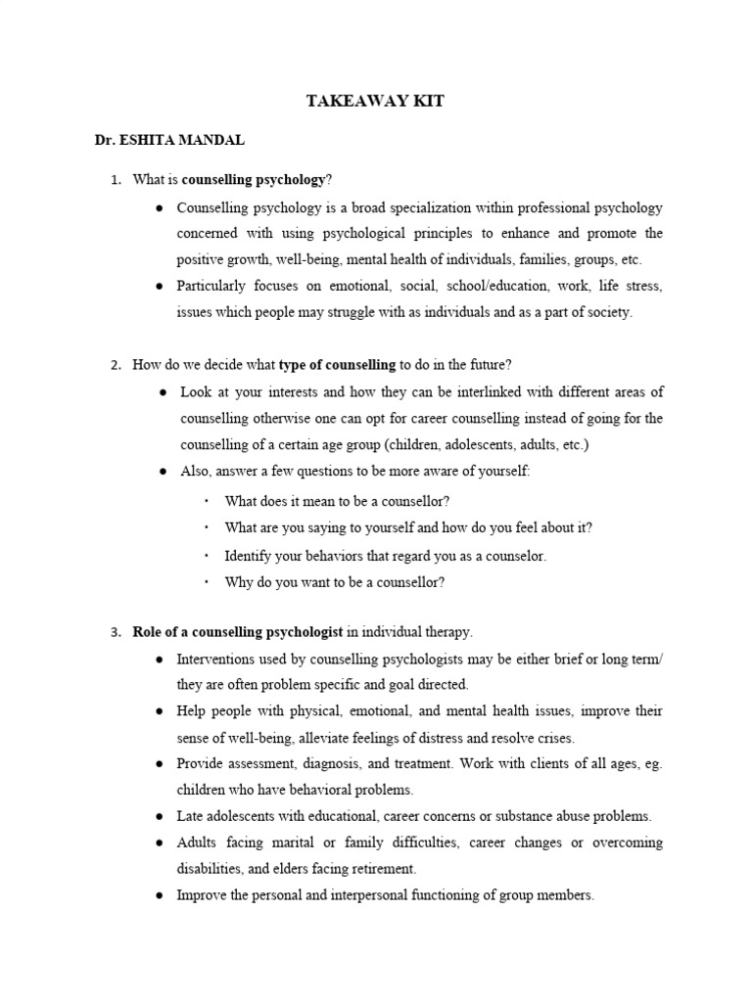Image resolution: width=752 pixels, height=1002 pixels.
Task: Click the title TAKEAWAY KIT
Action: point(376,102)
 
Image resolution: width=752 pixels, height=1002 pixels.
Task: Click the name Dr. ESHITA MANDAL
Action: point(169,140)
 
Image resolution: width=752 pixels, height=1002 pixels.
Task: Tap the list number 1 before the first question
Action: point(115,179)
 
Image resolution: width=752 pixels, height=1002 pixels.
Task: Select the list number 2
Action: point(115,365)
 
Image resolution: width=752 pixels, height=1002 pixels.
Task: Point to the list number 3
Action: point(115,631)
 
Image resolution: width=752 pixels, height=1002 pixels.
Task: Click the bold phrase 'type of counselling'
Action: point(337,365)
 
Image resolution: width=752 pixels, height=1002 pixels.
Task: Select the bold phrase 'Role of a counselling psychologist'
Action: point(238,631)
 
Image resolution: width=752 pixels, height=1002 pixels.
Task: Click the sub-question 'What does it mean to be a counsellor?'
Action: point(337,501)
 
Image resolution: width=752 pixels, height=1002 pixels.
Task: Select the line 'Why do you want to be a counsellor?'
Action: point(334,582)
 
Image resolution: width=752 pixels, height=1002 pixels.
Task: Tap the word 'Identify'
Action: point(246,555)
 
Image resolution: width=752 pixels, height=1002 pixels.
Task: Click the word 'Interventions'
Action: point(218,660)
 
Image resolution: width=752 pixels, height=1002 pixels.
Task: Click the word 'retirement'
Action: point(381,868)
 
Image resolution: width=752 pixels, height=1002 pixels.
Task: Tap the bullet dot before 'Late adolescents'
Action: point(160,816)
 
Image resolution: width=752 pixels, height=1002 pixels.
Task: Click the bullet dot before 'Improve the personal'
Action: point(160,894)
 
